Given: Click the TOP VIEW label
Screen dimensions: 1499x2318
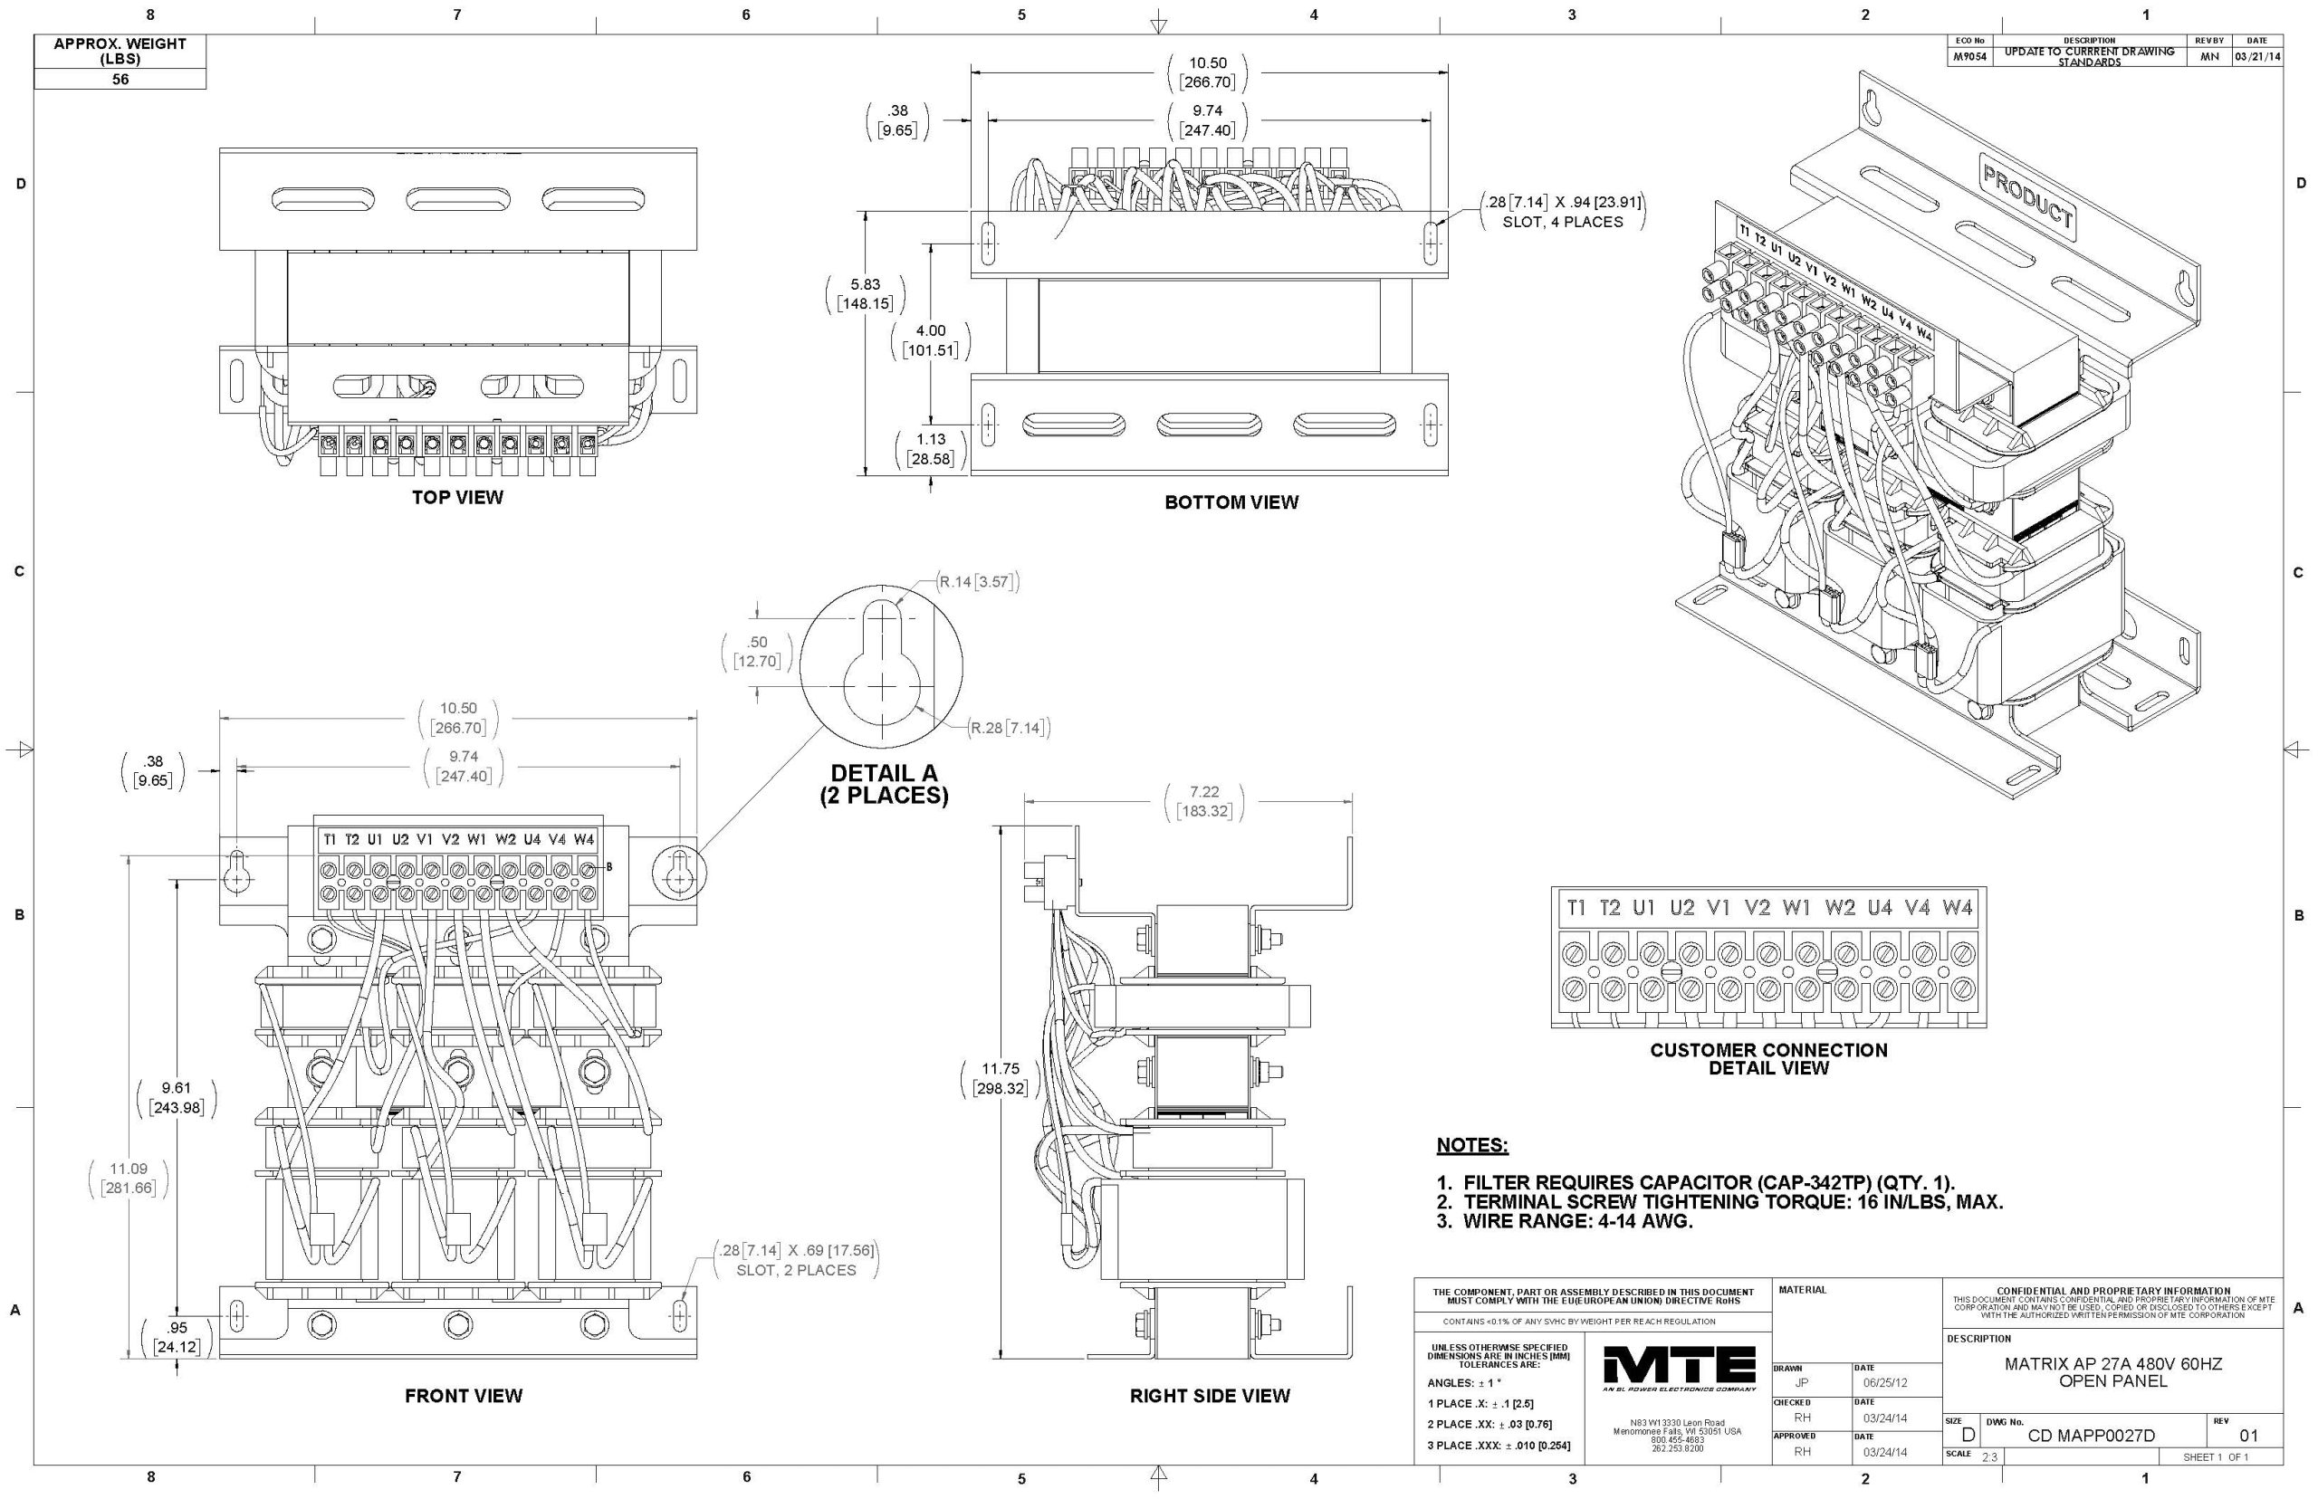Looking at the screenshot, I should pos(456,497).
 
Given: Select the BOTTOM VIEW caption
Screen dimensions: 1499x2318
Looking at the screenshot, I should pos(1231,502).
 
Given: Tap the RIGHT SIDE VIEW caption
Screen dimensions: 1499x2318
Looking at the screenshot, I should pos(1209,1396).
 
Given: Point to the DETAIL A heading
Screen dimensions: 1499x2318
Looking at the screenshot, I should pos(883,774).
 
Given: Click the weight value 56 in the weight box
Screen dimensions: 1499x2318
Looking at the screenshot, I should pos(120,80).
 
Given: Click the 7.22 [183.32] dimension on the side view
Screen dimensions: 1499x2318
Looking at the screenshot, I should pos(1203,802).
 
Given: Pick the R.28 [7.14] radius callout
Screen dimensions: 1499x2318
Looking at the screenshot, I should pos(1009,728).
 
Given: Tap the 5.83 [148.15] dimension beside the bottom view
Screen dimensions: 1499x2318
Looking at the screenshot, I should pos(865,294).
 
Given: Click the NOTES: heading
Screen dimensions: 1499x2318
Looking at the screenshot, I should pos(1472,1146).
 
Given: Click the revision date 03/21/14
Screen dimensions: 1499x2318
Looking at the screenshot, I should pos(2256,56).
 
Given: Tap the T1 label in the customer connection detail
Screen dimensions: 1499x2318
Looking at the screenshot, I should pos(1576,908).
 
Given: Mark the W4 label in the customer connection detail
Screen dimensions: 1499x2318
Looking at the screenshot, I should pos(1957,908).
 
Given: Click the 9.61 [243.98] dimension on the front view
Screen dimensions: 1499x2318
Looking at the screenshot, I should pos(177,1097).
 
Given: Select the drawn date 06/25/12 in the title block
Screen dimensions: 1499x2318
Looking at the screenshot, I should pos(1886,1382).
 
